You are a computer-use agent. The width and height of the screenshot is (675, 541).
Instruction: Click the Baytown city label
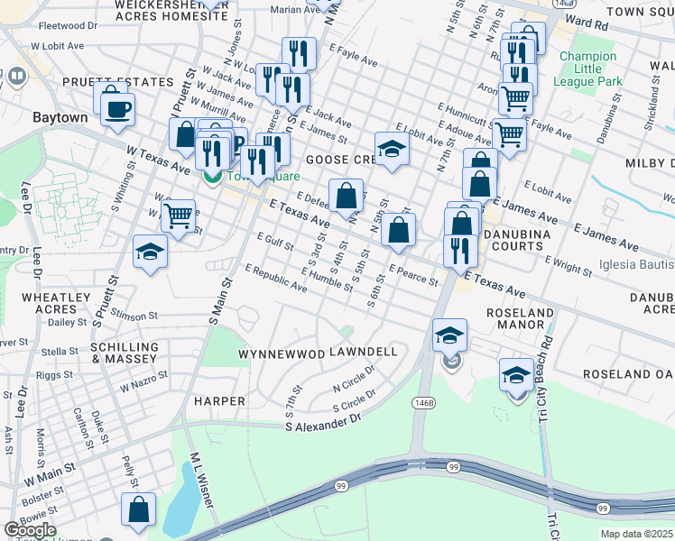[x=60, y=117]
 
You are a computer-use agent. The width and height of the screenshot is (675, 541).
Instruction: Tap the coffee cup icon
[x=117, y=111]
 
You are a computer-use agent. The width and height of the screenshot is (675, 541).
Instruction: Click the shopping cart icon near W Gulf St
[x=178, y=216]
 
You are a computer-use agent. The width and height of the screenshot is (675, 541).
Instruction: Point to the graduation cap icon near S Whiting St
[x=150, y=252]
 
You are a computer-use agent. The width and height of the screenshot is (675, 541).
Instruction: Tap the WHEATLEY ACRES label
[x=56, y=303]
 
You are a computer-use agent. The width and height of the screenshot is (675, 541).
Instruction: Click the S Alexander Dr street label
[x=323, y=422]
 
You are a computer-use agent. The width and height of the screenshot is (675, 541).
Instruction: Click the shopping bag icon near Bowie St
[x=141, y=509]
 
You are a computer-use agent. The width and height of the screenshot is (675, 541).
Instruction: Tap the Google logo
[x=30, y=530]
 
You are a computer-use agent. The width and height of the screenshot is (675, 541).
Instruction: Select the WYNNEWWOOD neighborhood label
[x=282, y=354]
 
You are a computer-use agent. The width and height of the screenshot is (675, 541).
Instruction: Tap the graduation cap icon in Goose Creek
[x=393, y=151]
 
